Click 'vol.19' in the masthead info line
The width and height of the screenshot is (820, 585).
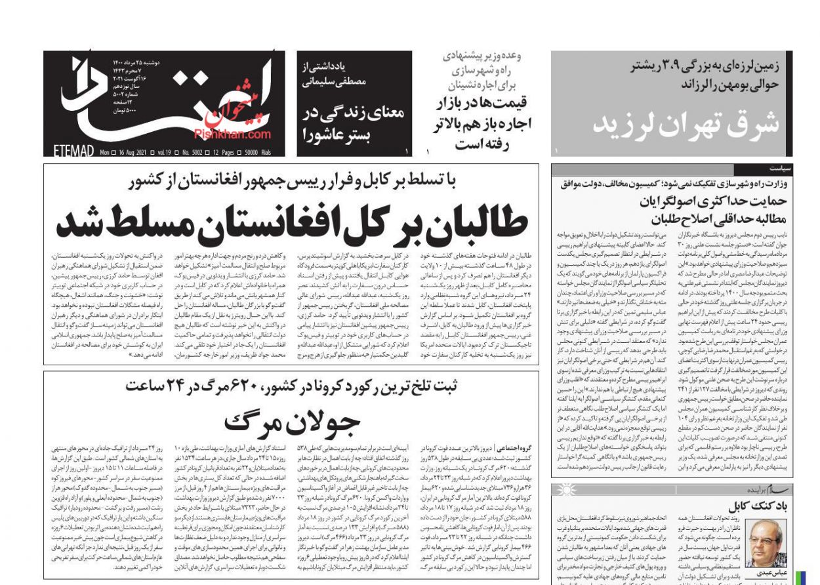[162, 152]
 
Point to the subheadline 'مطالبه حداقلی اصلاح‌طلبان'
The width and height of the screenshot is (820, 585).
[718, 218]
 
